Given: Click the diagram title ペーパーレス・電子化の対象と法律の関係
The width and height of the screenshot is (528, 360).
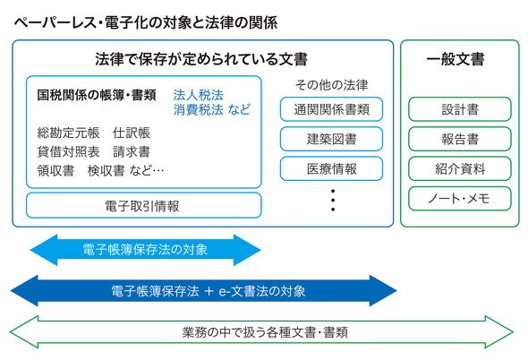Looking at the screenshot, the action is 146,23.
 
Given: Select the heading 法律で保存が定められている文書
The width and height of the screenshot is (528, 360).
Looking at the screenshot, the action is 201,59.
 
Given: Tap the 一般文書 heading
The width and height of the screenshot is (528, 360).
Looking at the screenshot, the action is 456,59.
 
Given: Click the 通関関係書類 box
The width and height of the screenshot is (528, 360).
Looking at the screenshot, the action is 331,109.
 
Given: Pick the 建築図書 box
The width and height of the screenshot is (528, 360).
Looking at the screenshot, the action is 331,139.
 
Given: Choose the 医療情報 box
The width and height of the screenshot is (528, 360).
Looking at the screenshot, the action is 331,168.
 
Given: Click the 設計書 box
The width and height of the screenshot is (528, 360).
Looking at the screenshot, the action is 460,109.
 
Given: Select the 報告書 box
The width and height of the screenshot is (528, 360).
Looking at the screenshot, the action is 460,139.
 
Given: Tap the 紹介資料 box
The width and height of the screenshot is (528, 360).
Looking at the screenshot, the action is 460,168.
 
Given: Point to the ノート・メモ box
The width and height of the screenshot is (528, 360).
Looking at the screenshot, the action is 460,199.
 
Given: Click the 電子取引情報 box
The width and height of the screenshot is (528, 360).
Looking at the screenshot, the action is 144,206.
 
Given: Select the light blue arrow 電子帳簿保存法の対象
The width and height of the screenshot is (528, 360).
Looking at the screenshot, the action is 146,250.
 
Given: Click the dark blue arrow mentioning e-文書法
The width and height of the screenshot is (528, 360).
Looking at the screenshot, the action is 204,290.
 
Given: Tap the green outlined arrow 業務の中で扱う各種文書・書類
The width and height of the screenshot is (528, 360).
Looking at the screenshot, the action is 261,332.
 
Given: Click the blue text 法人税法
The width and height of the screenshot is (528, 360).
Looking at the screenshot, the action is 198,95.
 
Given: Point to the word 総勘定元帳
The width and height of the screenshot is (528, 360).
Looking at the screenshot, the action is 68,133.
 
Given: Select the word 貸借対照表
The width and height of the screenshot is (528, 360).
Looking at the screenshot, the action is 68,151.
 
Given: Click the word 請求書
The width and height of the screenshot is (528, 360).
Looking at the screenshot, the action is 132,151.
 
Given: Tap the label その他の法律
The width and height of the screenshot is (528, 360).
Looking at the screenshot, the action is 331,85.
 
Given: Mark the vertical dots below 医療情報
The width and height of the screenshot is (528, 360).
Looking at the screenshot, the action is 333,201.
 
